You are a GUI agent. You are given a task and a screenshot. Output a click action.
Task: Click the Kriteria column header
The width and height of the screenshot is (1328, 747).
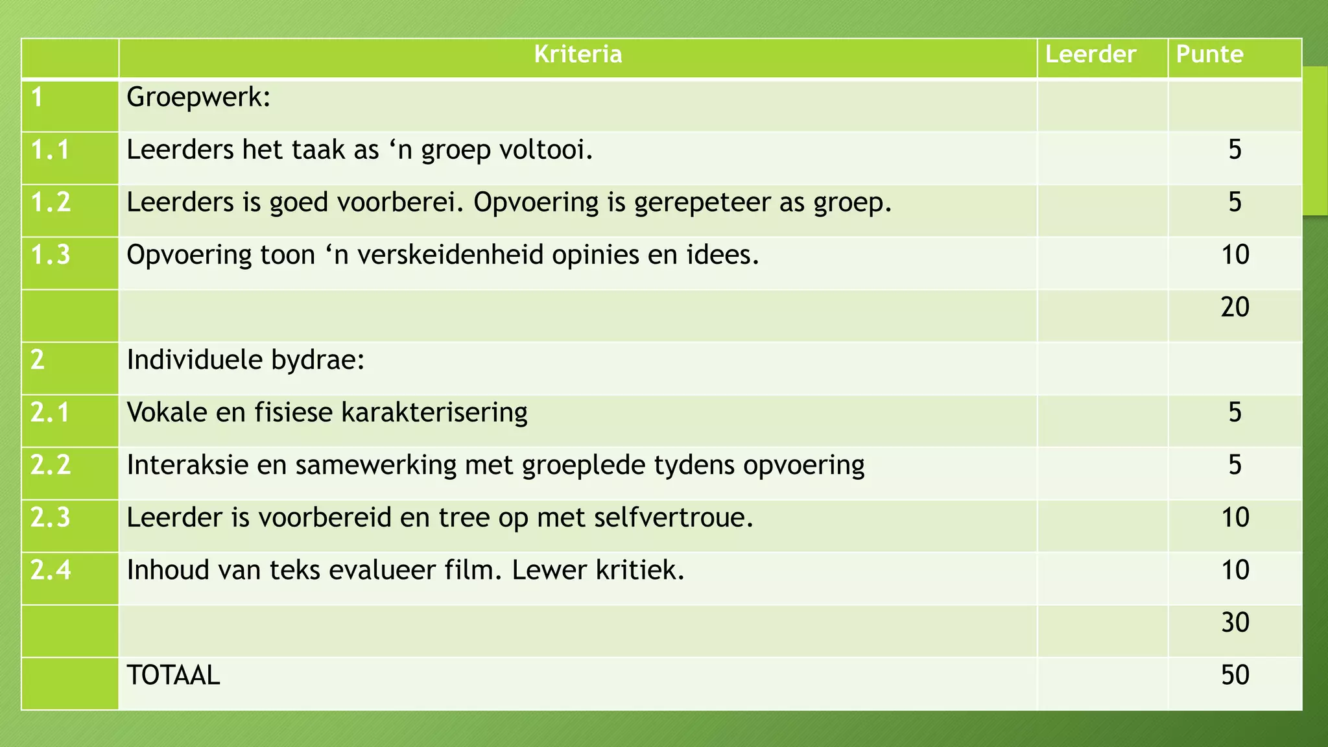pos(578,54)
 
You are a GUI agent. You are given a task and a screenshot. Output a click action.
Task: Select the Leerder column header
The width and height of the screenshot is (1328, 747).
pos(1091,54)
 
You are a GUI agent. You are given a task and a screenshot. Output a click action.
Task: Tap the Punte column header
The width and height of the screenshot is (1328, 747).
pos(1210,54)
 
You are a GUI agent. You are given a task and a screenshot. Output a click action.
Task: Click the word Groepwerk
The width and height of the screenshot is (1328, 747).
pos(198,98)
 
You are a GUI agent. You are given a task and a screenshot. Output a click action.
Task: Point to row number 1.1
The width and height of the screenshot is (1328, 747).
pos(51,150)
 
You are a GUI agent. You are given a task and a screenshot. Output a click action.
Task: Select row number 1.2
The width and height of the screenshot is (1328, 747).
pos(51,203)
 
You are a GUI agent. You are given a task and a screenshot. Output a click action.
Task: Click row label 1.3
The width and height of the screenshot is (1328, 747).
pos(51,255)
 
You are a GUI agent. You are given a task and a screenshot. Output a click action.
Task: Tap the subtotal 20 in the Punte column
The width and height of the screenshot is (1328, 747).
pos(1235,307)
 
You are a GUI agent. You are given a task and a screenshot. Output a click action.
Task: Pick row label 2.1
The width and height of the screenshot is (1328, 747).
pos(51,413)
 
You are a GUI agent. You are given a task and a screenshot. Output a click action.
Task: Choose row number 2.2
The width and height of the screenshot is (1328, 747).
pos(51,466)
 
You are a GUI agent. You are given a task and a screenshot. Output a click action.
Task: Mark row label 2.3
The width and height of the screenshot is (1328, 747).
pos(51,518)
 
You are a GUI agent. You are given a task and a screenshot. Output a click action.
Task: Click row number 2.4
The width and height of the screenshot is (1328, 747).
pos(51,571)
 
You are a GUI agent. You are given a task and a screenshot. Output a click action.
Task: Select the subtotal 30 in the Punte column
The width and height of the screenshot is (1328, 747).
pos(1235,622)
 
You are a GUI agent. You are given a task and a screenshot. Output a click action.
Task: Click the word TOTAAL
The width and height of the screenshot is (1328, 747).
pos(173,676)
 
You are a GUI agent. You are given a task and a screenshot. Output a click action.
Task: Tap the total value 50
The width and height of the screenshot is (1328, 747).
pos(1235,676)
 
